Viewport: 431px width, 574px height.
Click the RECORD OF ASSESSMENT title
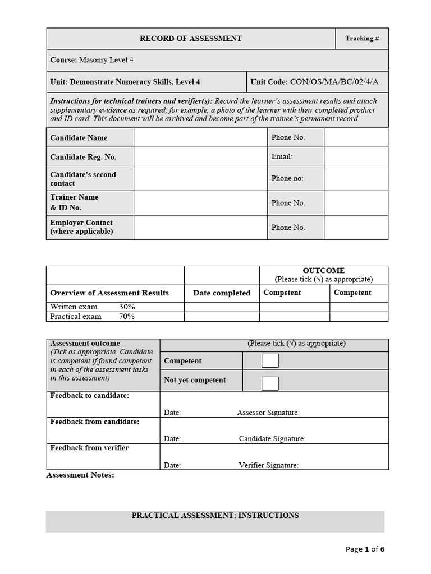point(190,39)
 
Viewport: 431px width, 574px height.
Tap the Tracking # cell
point(361,39)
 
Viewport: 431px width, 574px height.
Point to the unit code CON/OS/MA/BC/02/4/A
point(334,82)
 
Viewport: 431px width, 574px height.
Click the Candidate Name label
point(79,138)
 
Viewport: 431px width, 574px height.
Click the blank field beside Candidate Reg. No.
point(200,157)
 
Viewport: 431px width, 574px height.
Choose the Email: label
point(282,157)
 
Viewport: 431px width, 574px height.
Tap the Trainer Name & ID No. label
point(74,202)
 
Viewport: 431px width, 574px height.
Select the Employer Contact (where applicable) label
point(81,227)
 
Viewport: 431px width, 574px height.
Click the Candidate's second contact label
point(83,179)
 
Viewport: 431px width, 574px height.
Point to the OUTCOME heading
point(323,270)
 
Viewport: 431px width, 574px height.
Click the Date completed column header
point(222,293)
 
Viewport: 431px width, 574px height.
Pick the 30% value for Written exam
point(127,307)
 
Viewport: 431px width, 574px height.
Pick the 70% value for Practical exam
point(127,317)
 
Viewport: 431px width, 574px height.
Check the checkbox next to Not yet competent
point(270,383)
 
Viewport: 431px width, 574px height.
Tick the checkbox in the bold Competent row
point(270,361)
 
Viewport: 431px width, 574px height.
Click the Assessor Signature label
point(268,413)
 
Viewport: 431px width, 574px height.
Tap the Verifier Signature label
point(268,465)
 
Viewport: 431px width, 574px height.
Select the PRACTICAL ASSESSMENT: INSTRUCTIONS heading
point(215,516)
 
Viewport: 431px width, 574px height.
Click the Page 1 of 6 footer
point(365,549)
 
